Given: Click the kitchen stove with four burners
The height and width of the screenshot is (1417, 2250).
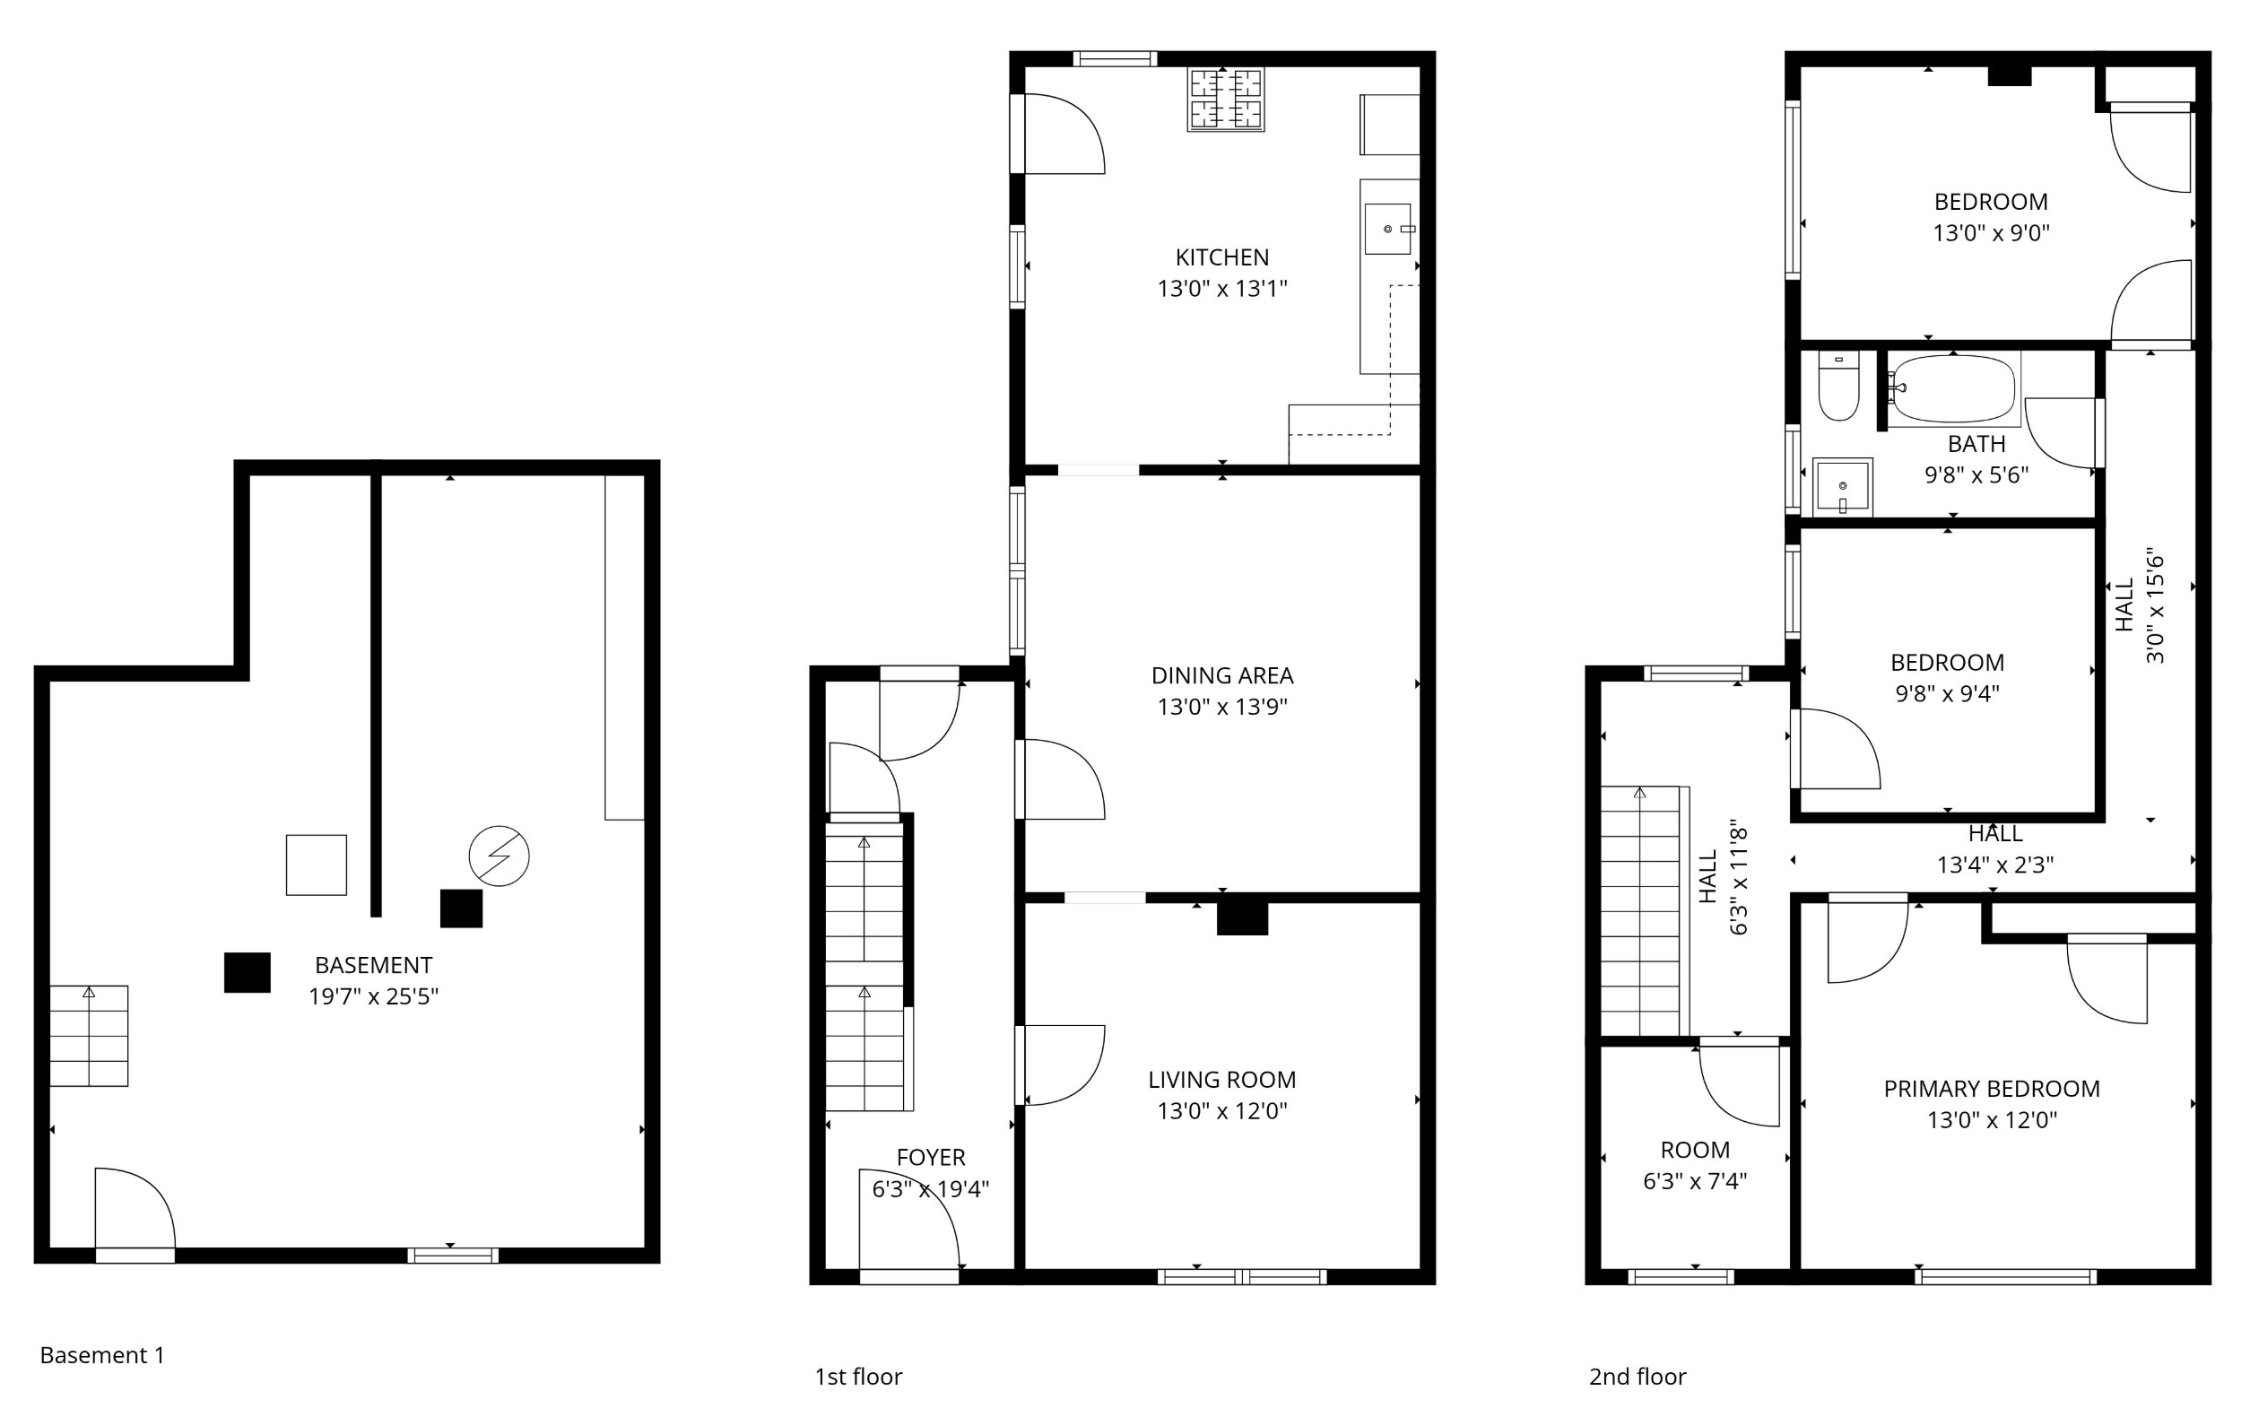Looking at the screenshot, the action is [x=1226, y=99].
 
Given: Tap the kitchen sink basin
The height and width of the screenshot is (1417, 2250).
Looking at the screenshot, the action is [x=1387, y=229].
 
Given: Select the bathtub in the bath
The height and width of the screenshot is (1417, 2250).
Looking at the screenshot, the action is [x=1953, y=388].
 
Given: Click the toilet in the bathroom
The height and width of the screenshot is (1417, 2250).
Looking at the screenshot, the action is [x=1839, y=386].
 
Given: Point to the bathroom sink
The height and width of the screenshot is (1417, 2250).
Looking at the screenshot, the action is [x=1843, y=487].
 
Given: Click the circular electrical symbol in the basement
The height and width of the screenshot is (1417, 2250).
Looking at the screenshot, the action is [x=499, y=856].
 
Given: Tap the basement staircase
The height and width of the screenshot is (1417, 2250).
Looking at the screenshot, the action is [x=89, y=1036].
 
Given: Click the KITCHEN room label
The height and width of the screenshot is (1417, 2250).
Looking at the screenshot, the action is [x=1222, y=257].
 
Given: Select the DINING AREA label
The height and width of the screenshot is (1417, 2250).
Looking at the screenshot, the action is [x=1222, y=674].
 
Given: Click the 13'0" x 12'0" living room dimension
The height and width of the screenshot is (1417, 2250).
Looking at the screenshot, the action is [x=1222, y=1110].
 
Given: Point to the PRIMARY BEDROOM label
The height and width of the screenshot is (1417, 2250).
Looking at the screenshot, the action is [x=1992, y=1088].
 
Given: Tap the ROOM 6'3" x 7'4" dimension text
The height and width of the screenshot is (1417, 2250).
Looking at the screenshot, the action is [x=1695, y=1180].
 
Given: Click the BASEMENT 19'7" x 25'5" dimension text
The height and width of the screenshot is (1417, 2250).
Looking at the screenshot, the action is [x=374, y=995].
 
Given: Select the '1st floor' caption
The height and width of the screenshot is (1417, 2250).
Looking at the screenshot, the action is [x=859, y=1376].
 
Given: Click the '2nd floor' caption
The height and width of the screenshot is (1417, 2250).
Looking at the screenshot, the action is [x=1638, y=1376].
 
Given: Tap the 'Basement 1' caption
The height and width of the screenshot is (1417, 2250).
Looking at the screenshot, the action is [x=103, y=1354].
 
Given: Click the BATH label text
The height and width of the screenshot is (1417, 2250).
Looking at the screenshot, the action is [x=1976, y=443].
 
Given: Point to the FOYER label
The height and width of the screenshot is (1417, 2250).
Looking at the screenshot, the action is [x=931, y=1157].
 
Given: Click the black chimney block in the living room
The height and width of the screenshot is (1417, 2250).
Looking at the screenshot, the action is [x=1242, y=917].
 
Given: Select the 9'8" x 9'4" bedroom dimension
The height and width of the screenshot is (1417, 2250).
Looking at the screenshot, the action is [x=1947, y=693].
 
